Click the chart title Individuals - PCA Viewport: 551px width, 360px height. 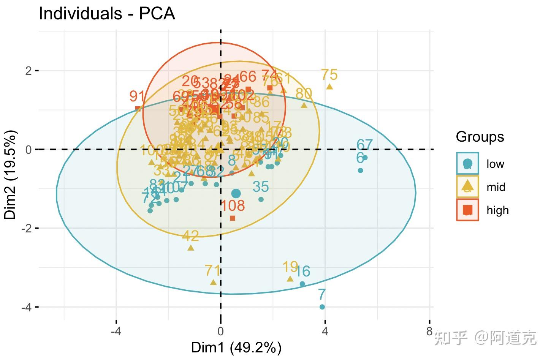coord(107,14)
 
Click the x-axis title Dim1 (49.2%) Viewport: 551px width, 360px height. coord(236,347)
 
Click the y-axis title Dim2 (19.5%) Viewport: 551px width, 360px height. coord(10,175)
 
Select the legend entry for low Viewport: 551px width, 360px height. coord(495,164)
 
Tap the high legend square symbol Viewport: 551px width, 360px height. coord(467,210)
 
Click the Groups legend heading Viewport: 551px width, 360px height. coord(480,137)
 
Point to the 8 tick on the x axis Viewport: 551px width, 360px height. coord(429,331)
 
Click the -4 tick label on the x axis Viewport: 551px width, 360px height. coord(116,331)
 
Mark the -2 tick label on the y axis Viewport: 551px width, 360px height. coord(26,229)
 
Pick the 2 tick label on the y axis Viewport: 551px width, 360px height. coord(28,71)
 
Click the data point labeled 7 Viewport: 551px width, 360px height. coord(322,307)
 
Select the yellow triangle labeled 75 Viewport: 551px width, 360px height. coord(329,87)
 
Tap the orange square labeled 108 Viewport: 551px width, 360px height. coord(233,218)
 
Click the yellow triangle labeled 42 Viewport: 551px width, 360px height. coord(191,248)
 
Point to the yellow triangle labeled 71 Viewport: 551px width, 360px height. coord(213,282)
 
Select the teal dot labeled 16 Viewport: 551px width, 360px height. coord(302,284)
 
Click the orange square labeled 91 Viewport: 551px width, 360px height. coord(138,109)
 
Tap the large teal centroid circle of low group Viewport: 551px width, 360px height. coord(236,193)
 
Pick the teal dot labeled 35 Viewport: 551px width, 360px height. coord(261,199)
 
